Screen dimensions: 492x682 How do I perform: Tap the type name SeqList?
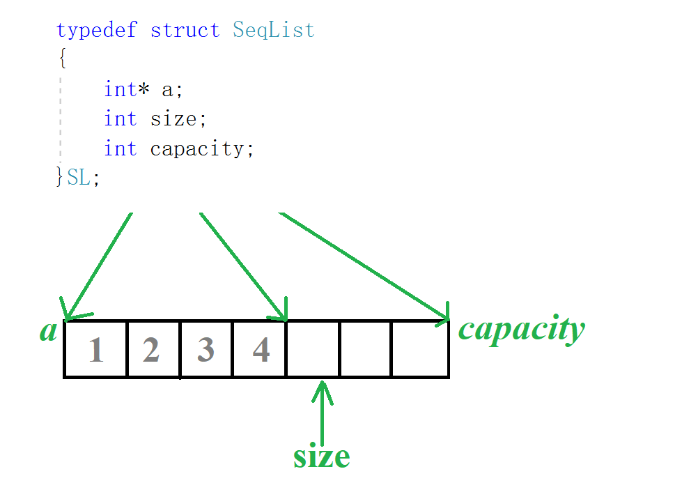[274, 31]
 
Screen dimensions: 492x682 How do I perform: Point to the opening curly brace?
[63, 59]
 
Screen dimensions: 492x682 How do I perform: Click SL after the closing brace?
[79, 178]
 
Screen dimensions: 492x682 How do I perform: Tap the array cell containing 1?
[96, 350]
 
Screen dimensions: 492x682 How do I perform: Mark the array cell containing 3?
[206, 350]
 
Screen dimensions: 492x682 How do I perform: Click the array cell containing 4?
[260, 350]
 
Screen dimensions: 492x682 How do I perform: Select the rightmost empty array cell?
[420, 350]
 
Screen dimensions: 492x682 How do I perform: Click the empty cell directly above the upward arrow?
[313, 350]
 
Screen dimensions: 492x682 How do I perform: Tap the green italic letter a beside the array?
[48, 330]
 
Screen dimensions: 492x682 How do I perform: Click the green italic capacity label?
[521, 329]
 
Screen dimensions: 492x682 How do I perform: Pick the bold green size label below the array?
[321, 456]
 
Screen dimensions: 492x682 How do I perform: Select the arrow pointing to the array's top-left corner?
[98, 265]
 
